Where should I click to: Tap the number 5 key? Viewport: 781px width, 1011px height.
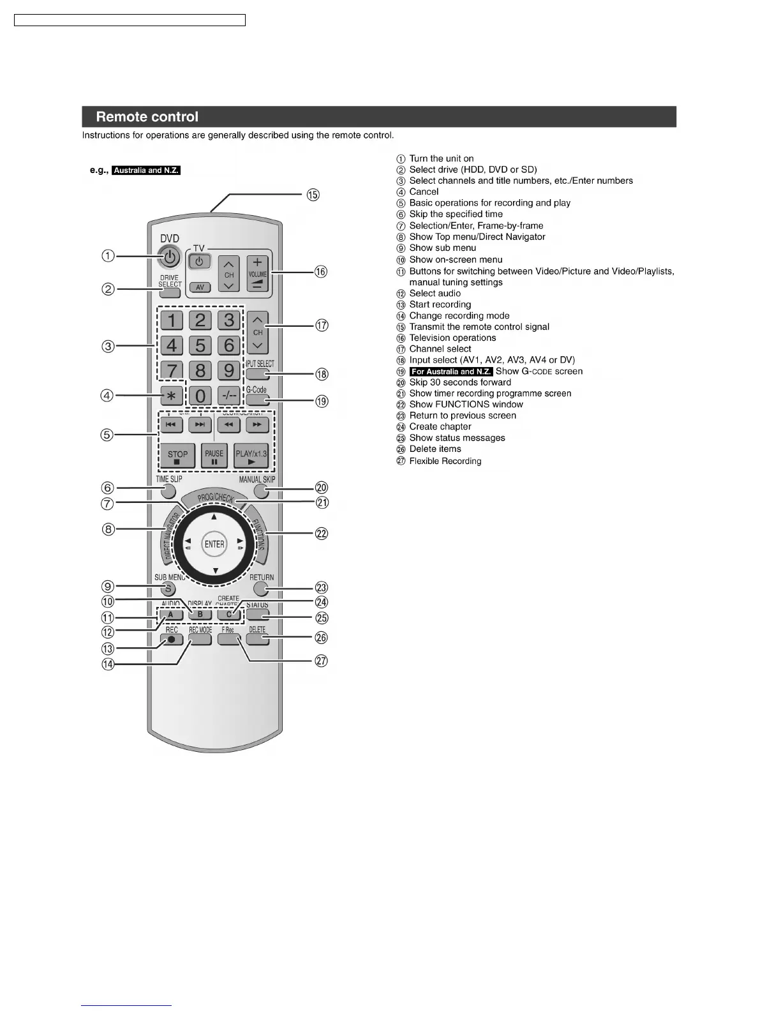[200, 345]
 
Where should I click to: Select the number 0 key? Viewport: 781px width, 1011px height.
[200, 396]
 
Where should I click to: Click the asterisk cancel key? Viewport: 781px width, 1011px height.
[171, 396]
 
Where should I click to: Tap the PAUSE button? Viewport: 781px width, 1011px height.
[214, 456]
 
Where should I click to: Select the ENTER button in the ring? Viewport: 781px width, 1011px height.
[214, 544]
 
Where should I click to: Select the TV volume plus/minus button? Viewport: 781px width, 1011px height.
[257, 274]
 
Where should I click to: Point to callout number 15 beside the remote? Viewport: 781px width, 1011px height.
[313, 195]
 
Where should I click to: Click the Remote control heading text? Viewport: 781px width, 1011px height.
[147, 117]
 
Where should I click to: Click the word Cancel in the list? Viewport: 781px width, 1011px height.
[424, 191]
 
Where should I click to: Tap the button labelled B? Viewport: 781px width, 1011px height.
[200, 615]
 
